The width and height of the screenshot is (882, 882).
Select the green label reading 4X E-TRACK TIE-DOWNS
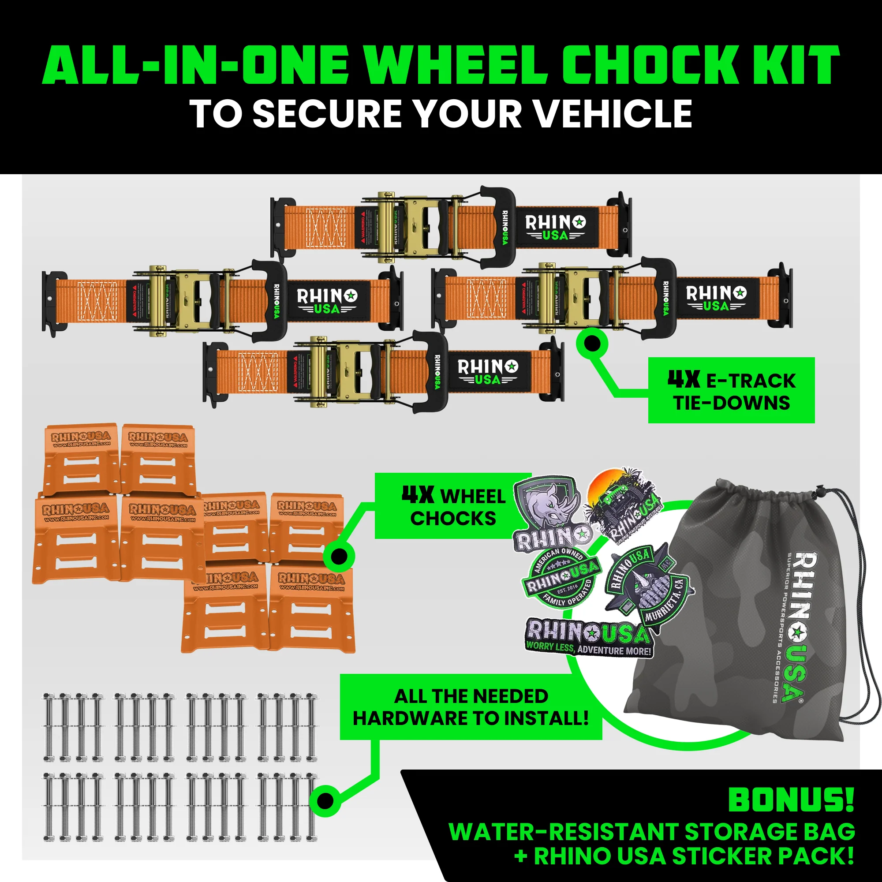click(731, 390)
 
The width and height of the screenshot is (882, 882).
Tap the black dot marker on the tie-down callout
click(592, 343)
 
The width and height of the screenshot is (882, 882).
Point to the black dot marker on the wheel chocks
click(339, 556)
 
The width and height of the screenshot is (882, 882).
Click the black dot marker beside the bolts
click(325, 800)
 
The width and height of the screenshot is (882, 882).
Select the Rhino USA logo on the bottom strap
click(488, 372)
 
